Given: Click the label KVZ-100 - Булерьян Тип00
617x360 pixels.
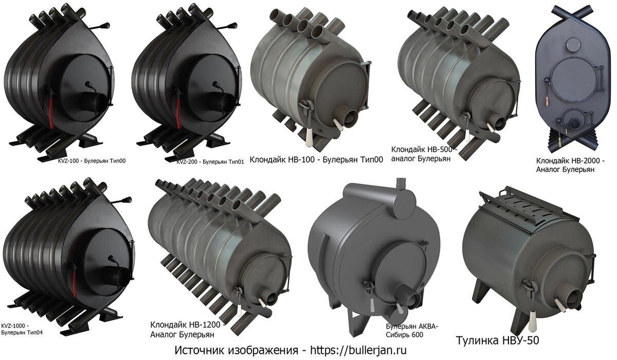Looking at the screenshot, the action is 92,161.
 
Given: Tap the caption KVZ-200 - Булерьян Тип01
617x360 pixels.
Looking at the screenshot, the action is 210,162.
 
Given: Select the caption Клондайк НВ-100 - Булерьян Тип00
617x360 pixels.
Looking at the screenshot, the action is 316,160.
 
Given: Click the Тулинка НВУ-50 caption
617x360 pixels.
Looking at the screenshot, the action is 498,340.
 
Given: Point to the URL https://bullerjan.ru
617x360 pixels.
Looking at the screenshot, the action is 358,350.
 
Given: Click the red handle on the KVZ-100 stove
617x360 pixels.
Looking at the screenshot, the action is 51,113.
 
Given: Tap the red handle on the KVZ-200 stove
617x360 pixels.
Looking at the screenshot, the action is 178,114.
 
